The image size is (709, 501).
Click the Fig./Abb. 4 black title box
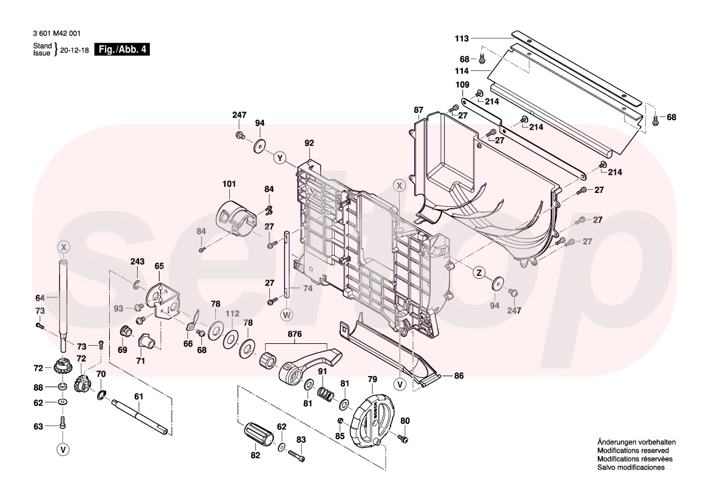122,50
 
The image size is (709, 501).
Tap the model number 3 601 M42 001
56,34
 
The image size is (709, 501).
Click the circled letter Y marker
280,158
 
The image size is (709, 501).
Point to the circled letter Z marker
479,273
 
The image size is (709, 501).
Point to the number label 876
295,334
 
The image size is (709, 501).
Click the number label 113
462,38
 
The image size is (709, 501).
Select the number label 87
418,110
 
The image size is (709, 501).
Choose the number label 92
309,144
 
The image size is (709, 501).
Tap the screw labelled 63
62,423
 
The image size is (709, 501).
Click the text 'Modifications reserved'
633,451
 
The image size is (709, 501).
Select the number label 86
459,376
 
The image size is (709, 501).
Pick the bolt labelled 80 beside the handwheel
400,436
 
